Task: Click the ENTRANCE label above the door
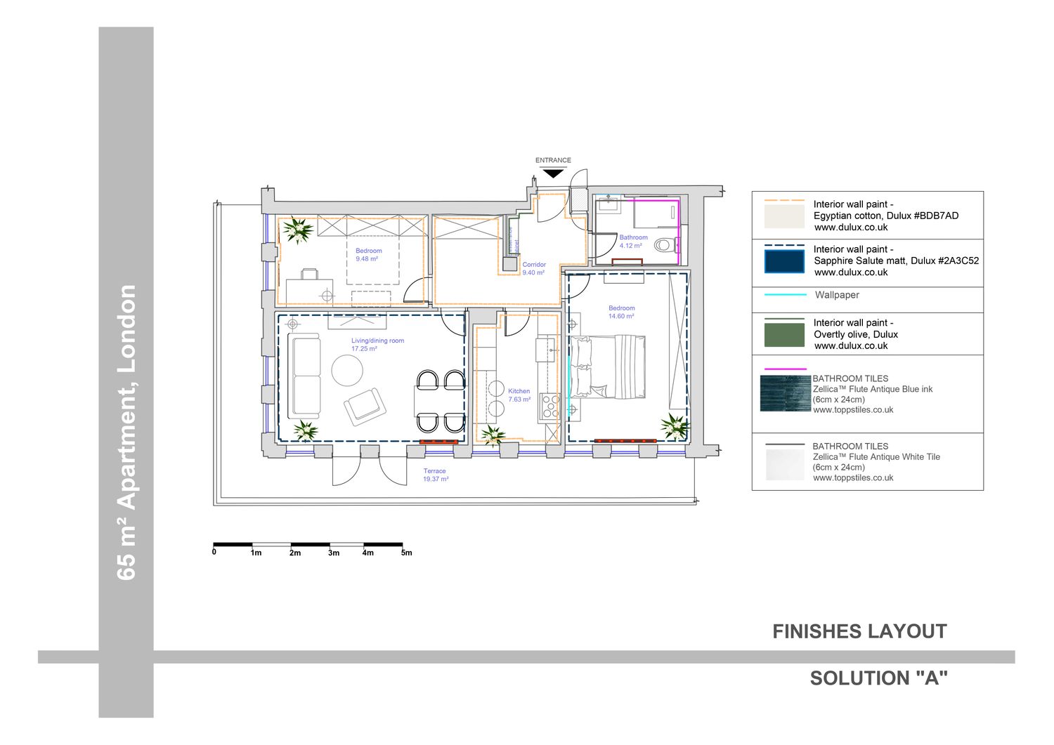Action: (x=553, y=160)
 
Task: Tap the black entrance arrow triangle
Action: (x=553, y=173)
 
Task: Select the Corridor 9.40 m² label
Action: (x=533, y=268)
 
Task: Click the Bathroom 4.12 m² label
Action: (x=633, y=242)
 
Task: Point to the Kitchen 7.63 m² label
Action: (x=519, y=395)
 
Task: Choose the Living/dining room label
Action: (x=377, y=341)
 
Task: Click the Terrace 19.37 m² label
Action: (x=435, y=475)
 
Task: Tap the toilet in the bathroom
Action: (x=666, y=244)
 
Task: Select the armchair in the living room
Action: (x=365, y=407)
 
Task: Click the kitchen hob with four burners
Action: (x=549, y=407)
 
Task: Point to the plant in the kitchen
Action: (x=493, y=435)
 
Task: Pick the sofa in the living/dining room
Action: (x=306, y=376)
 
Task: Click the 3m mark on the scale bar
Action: (x=334, y=553)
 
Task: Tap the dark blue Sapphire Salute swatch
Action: (x=784, y=261)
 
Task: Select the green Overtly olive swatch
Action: (x=784, y=335)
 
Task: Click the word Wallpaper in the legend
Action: (x=837, y=295)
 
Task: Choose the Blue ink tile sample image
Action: (x=786, y=394)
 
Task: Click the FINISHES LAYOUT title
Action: (x=859, y=632)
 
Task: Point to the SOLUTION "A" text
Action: (x=878, y=678)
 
